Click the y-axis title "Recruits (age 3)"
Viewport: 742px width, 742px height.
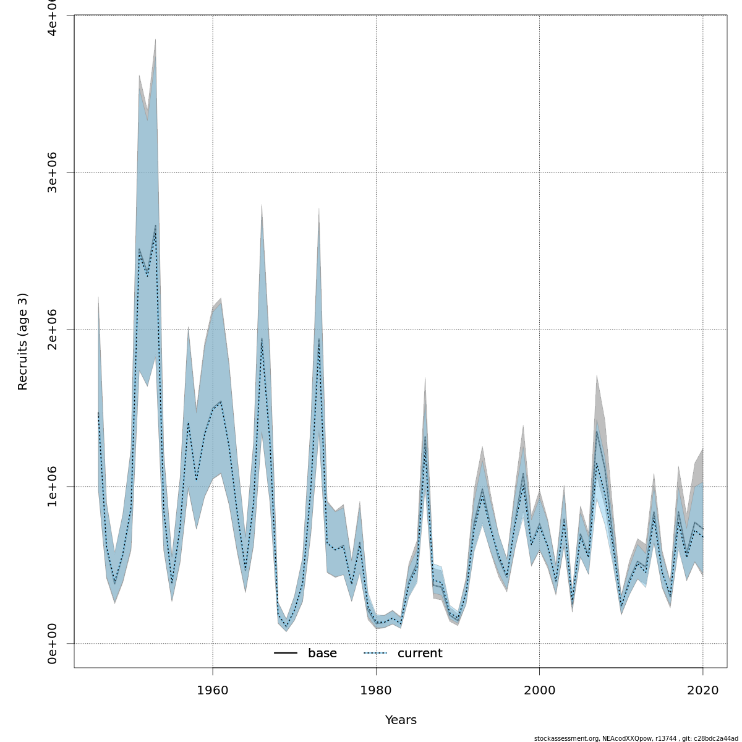point(23,341)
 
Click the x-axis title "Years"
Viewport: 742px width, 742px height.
point(401,720)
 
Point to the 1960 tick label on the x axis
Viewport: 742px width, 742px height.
point(213,690)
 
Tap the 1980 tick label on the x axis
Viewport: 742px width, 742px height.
point(376,690)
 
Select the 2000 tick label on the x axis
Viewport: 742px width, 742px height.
point(539,690)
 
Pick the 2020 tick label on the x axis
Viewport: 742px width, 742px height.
point(702,690)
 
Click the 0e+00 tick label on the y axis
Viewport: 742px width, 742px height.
point(53,644)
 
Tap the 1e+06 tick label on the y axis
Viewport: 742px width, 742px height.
point(53,487)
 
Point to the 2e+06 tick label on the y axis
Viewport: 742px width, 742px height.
point(53,330)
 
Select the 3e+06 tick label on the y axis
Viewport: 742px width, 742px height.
point(53,173)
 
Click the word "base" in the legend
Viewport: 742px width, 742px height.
point(322,654)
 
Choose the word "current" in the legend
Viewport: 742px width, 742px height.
point(420,654)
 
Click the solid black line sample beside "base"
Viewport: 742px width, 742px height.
point(286,654)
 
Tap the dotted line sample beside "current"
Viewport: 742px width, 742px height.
point(375,654)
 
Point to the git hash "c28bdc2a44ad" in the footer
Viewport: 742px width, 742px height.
point(717,738)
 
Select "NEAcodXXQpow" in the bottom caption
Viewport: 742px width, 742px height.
point(624,738)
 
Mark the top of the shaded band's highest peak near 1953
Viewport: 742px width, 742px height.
point(155,40)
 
